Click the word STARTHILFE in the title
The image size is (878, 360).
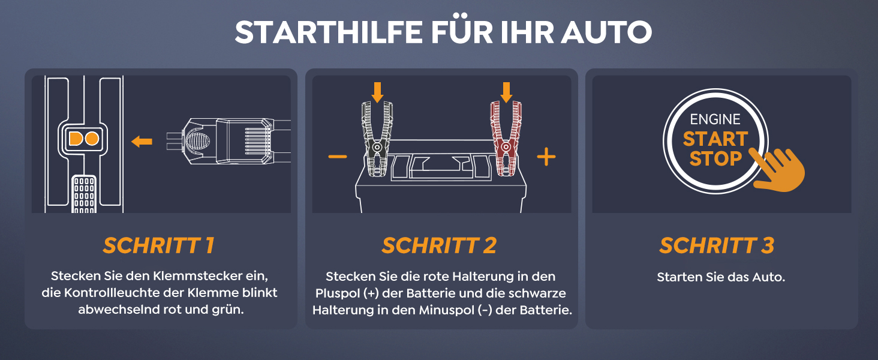pyautogui.click(x=329, y=32)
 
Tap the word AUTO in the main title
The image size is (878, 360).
pyautogui.click(x=606, y=32)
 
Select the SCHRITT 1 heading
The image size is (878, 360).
pyautogui.click(x=159, y=245)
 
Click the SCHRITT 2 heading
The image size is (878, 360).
pyautogui.click(x=440, y=245)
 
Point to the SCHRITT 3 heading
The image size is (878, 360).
pyautogui.click(x=717, y=245)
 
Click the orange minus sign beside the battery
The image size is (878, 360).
pyautogui.click(x=338, y=157)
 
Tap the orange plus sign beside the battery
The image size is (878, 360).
pyautogui.click(x=546, y=157)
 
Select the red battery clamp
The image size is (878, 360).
pyautogui.click(x=506, y=139)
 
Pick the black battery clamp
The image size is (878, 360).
pyautogui.click(x=377, y=139)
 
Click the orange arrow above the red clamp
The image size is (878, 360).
pyautogui.click(x=506, y=92)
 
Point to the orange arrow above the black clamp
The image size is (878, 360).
pyautogui.click(x=377, y=92)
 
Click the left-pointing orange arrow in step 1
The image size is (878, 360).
pyautogui.click(x=142, y=141)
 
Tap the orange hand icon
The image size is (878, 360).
pyautogui.click(x=778, y=169)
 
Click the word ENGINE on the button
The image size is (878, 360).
pyautogui.click(x=715, y=119)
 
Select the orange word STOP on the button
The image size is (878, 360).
pyautogui.click(x=715, y=159)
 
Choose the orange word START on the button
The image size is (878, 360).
pyautogui.click(x=715, y=139)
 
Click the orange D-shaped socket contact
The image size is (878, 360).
pyautogui.click(x=76, y=139)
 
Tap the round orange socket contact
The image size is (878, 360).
pyautogui.click(x=92, y=139)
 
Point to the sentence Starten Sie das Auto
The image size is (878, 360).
pyautogui.click(x=721, y=277)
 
